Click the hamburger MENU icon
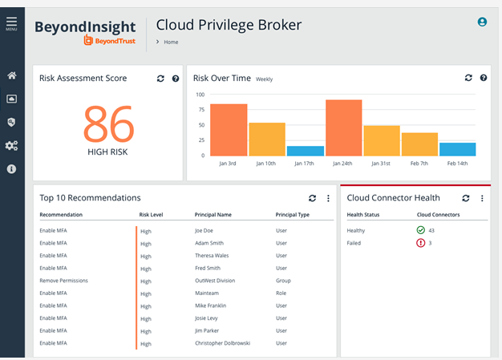(11, 23)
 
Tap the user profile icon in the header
(482, 22)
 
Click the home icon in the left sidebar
(11, 75)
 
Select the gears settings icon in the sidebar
(11, 146)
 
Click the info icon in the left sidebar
(11, 169)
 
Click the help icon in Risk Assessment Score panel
(176, 79)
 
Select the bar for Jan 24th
(343, 127)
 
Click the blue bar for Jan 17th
(306, 151)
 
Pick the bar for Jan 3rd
(229, 129)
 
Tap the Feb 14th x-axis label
(457, 164)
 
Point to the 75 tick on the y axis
(200, 110)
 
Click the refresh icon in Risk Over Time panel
(468, 78)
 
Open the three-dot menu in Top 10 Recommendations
(328, 198)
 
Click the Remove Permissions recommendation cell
(63, 281)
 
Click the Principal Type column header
(293, 215)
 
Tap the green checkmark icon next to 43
(420, 231)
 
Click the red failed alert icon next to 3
(420, 243)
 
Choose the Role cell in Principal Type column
(281, 293)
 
